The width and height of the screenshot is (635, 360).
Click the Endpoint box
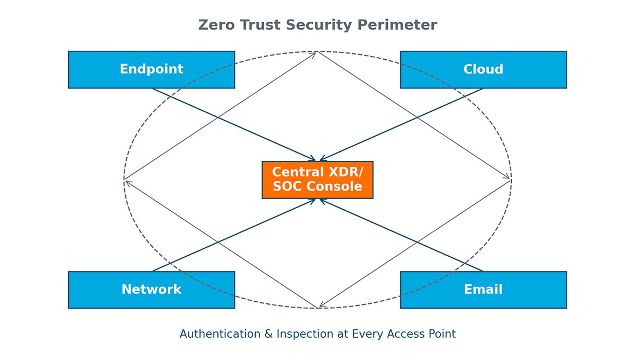[151, 69]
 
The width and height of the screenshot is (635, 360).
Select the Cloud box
[483, 69]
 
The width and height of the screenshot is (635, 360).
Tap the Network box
[151, 290]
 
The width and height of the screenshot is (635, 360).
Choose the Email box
[483, 290]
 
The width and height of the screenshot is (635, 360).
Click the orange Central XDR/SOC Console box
[317, 179]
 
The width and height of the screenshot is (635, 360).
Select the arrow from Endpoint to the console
[233, 124]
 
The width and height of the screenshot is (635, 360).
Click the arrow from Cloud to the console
[402, 124]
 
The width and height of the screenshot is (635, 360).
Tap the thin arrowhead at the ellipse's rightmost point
[509, 179]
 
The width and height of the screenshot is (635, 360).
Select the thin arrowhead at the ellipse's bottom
[321, 306]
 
